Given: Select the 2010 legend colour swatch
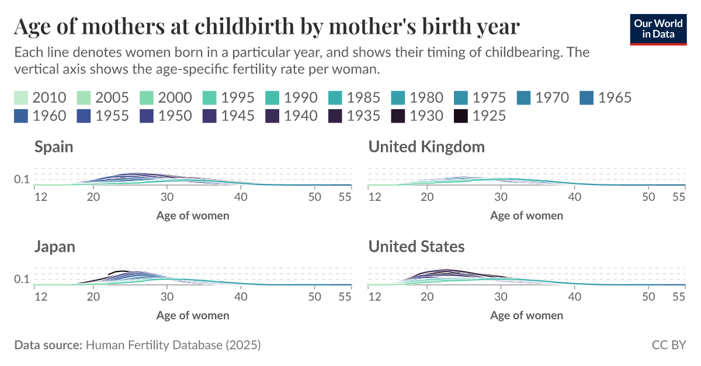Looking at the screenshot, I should pyautogui.click(x=21, y=97).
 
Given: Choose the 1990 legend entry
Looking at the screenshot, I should pyautogui.click(x=291, y=97).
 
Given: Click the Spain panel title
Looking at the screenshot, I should pyautogui.click(x=54, y=147).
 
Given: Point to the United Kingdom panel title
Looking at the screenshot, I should pyautogui.click(x=426, y=147).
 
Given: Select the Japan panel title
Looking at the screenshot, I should pyautogui.click(x=55, y=246).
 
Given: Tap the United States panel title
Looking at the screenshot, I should pyautogui.click(x=417, y=246).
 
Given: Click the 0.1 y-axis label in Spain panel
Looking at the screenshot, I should pyautogui.click(x=22, y=179).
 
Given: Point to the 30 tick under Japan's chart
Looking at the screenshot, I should pyautogui.click(x=167, y=297).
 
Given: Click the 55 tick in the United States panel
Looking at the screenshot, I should pyautogui.click(x=678, y=297).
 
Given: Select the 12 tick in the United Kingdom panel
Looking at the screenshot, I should pyautogui.click(x=374, y=197).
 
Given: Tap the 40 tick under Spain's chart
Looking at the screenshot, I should pyautogui.click(x=241, y=197).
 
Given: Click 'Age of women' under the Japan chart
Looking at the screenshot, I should pyautogui.click(x=193, y=315).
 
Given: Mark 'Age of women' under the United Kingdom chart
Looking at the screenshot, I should pyautogui.click(x=526, y=215).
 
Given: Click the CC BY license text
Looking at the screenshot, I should pyautogui.click(x=669, y=345).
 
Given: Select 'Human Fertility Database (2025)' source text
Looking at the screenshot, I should pyautogui.click(x=173, y=345).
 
